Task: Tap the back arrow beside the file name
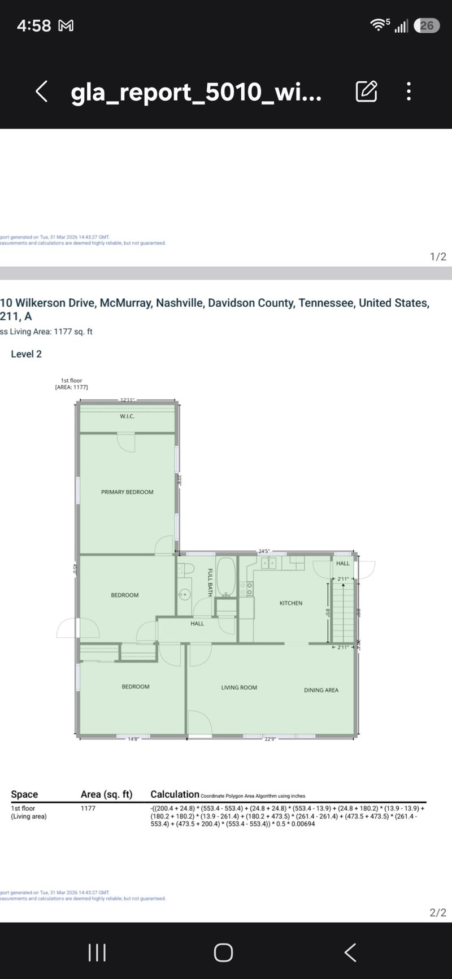click(41, 91)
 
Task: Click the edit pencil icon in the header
click(366, 91)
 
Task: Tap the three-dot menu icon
click(408, 91)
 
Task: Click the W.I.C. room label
click(127, 416)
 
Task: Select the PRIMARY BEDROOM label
click(127, 492)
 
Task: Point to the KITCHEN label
click(291, 603)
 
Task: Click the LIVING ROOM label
click(239, 688)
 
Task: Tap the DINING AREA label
click(321, 690)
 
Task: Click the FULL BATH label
click(210, 582)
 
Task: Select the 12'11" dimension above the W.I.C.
click(127, 400)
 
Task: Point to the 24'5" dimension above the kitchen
click(264, 551)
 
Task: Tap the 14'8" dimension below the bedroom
click(133, 739)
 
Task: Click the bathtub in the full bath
click(226, 576)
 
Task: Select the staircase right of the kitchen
click(342, 613)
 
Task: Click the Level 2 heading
click(26, 354)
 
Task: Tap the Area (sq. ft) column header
click(106, 794)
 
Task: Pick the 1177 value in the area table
click(88, 808)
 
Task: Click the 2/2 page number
click(438, 912)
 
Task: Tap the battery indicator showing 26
click(427, 25)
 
